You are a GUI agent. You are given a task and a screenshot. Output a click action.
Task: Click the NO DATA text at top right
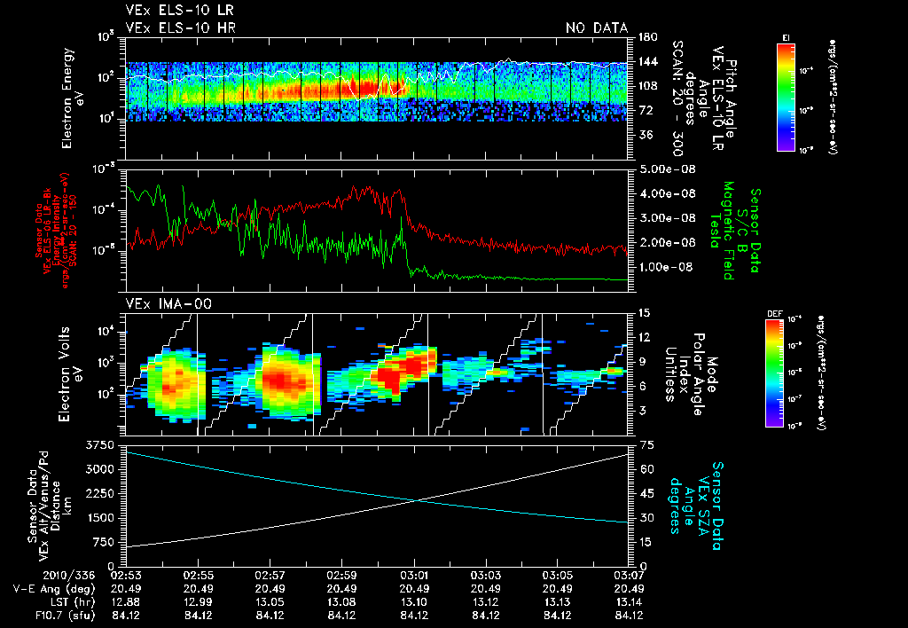[597, 28]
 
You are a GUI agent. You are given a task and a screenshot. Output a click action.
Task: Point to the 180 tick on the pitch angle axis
[646, 37]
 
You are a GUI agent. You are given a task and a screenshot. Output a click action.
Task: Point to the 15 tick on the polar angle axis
[645, 312]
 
